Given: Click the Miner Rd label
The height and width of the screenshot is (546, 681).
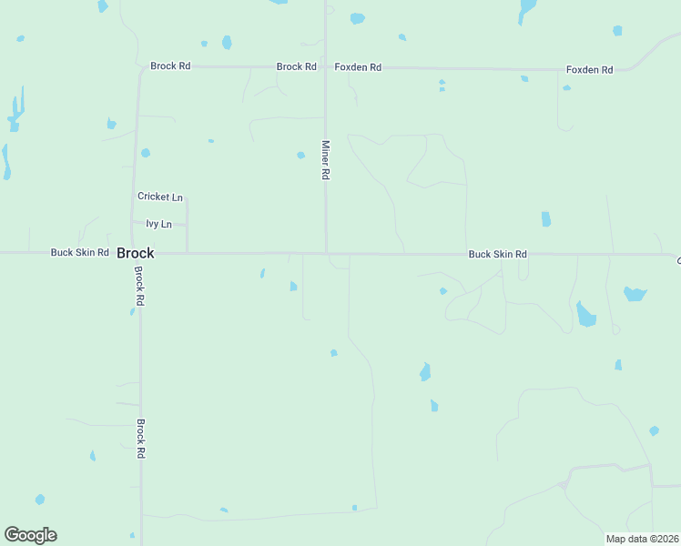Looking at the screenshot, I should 325,159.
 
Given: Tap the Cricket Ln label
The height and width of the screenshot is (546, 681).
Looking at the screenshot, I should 160,197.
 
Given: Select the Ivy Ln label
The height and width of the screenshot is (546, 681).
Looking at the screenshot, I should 158,224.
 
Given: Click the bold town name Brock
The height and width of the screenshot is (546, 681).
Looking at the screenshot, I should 135,253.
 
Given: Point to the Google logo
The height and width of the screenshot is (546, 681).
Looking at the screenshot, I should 30,535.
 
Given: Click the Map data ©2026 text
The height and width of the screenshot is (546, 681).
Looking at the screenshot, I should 641,539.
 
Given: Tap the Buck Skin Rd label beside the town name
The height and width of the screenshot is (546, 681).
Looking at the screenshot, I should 80,252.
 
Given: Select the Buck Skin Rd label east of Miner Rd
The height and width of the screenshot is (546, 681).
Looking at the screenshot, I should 498,255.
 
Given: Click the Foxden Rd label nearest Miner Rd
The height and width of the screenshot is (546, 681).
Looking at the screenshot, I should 358,67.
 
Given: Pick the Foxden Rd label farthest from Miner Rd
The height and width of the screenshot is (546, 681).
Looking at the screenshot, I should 590,69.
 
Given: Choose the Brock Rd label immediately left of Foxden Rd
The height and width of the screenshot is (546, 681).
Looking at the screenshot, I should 296,66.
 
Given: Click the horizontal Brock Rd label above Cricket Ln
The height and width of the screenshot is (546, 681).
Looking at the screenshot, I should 170,66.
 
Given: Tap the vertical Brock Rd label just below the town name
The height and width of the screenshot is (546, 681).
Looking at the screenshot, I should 139,286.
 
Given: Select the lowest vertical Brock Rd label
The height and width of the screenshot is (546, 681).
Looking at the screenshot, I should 141,438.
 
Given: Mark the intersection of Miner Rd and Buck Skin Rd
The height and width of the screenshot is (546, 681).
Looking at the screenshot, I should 327,253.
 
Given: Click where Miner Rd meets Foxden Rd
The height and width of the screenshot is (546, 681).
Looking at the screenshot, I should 326,67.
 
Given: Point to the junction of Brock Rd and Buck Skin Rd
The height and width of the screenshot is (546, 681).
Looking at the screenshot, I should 138,253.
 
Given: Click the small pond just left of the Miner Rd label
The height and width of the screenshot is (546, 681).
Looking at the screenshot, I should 301,155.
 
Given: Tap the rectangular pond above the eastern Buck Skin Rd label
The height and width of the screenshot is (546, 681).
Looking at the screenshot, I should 546,219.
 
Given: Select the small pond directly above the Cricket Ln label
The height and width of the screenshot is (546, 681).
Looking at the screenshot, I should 146,153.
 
